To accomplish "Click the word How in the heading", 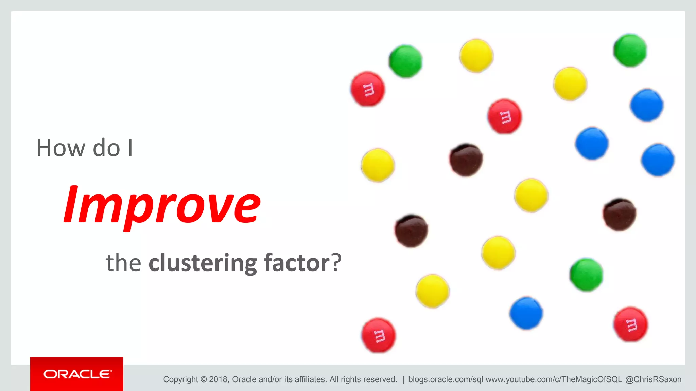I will pyautogui.click(x=60, y=148).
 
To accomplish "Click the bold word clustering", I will pyautogui.click(x=203, y=263).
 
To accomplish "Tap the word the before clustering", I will pyautogui.click(x=123, y=263).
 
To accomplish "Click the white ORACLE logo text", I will pyautogui.click(x=77, y=374).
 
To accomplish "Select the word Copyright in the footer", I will pyautogui.click(x=180, y=379).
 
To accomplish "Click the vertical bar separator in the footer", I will pyautogui.click(x=403, y=379).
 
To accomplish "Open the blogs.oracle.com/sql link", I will pyautogui.click(x=445, y=379).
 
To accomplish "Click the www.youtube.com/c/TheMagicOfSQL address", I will pyautogui.click(x=554, y=379).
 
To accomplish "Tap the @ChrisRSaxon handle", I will pyautogui.click(x=653, y=379).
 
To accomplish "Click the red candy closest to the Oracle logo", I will pyautogui.click(x=378, y=335).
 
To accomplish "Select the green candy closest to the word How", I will pyautogui.click(x=405, y=61).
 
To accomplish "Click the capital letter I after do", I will pyautogui.click(x=130, y=148).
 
